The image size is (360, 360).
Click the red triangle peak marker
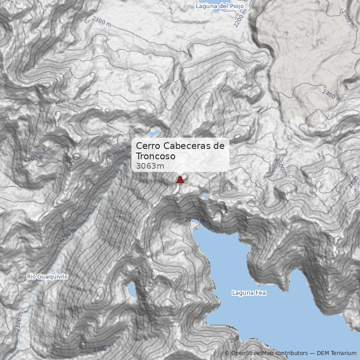(x=180, y=180)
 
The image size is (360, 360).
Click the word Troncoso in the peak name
(x=155, y=156)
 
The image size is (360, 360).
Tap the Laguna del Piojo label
(x=220, y=6)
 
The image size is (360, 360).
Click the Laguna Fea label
(x=249, y=293)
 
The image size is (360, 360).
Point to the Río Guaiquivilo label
(x=47, y=277)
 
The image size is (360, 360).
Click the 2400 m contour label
(x=332, y=95)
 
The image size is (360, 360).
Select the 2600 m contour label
(x=34, y=158)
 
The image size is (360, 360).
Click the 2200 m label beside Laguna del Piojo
(x=241, y=18)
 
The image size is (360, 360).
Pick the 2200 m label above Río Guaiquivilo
(x=67, y=234)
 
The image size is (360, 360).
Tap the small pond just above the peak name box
(x=154, y=133)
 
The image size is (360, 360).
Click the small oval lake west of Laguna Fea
(x=132, y=290)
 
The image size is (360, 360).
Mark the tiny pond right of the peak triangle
(x=207, y=197)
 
